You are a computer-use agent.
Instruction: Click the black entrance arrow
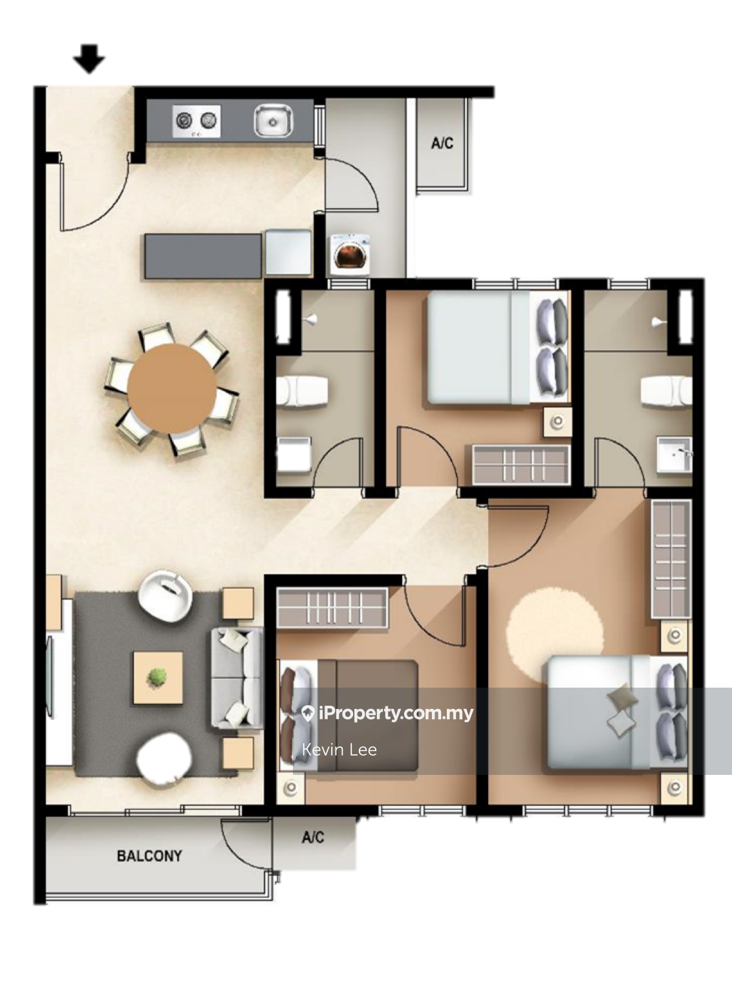coord(89,59)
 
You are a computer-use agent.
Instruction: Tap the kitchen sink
coord(273,121)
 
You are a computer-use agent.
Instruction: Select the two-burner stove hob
coord(196,121)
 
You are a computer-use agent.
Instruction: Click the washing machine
coord(350,255)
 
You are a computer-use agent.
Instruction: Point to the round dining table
coord(172,388)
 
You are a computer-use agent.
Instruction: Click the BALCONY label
coord(149,856)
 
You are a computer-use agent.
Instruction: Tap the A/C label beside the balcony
coord(313,837)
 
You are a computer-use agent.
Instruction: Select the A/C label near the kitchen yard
coord(442,143)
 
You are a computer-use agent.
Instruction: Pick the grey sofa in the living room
coord(237,678)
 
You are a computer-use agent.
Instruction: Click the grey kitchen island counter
coord(203,257)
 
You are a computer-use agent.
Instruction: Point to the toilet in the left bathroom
coord(302,391)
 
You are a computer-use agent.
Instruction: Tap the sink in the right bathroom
coord(674,454)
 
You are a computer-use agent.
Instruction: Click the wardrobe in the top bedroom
coord(521,465)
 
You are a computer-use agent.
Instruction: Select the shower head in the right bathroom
coord(658,321)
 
